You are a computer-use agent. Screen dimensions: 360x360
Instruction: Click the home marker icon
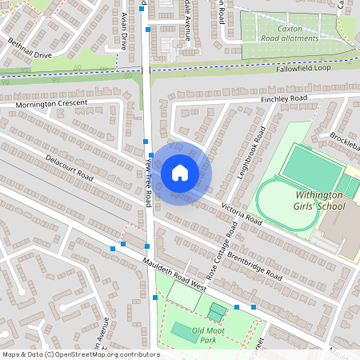(x=180, y=173)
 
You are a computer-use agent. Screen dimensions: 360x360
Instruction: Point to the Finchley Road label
(x=284, y=98)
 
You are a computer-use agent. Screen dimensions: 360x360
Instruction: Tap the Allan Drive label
(x=124, y=31)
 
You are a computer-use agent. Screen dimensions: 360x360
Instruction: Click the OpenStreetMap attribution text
(x=81, y=354)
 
